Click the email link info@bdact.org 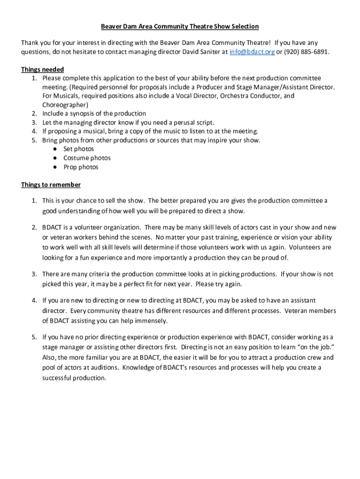[x=252, y=52]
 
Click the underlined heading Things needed [x=43, y=70]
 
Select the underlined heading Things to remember [x=51, y=185]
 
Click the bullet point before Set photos [x=55, y=149]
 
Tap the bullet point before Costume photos [x=55, y=158]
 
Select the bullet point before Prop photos [x=55, y=167]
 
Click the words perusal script [x=194, y=123]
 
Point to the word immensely [x=151, y=321]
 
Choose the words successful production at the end [x=74, y=378]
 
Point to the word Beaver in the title [x=112, y=27]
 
